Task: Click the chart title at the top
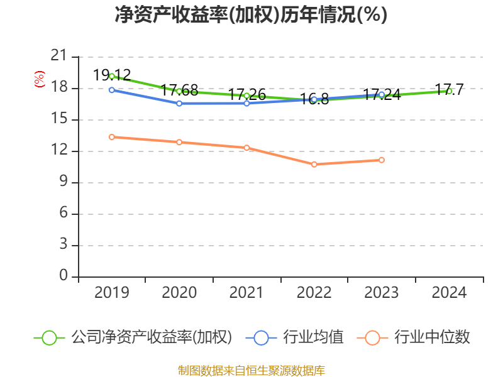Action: click(251, 14)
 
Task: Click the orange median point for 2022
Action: click(314, 164)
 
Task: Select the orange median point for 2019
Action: click(112, 137)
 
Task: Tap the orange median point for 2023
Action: click(382, 160)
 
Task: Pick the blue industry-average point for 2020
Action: click(179, 103)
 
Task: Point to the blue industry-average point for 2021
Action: click(246, 103)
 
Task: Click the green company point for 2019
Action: click(112, 76)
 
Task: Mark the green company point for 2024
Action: click(449, 91)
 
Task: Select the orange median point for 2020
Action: click(179, 142)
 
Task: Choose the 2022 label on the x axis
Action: click(314, 293)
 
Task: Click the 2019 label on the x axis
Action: click(112, 293)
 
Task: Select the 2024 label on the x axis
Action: click(449, 293)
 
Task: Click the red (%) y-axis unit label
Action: click(39, 80)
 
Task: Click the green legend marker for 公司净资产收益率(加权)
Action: click(49, 337)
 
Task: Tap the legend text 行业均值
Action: click(314, 337)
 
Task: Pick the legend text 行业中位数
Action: click(432, 337)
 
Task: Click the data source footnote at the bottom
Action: click(251, 370)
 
